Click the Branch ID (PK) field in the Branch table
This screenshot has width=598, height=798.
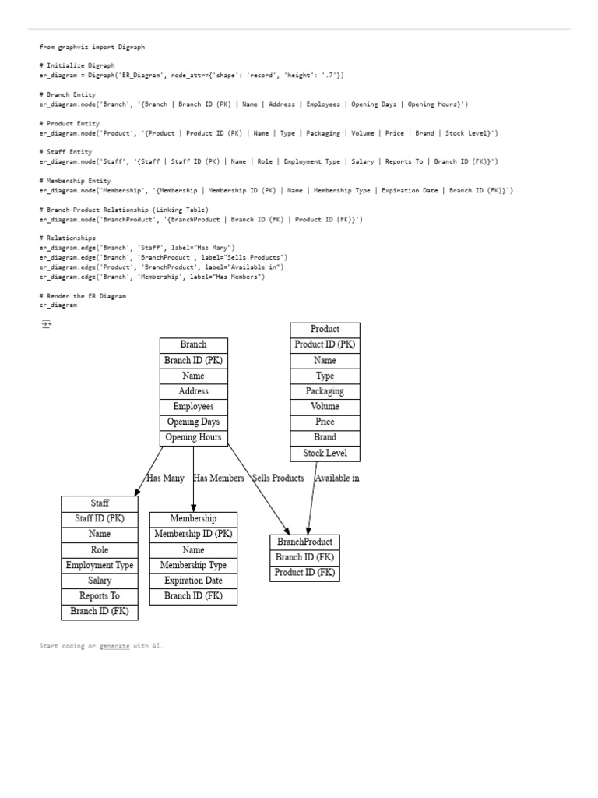193,360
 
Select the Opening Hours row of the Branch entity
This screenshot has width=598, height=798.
193,437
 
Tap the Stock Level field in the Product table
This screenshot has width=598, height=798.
325,453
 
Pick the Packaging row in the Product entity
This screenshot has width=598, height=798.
325,391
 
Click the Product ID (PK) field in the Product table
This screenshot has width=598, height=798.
325,344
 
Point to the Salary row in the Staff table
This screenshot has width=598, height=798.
100,581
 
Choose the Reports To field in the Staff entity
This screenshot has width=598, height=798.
100,596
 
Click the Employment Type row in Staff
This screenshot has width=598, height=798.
100,565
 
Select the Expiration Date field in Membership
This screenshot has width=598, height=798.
193,581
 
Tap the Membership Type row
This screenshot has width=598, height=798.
193,565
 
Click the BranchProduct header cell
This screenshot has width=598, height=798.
304,542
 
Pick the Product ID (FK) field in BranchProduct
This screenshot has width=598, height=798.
304,573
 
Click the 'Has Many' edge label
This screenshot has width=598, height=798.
166,478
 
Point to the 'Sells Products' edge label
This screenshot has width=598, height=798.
278,478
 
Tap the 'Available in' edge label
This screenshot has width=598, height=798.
337,478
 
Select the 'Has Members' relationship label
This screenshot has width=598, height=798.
219,478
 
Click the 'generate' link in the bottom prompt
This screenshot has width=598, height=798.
114,646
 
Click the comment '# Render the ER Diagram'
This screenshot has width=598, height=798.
82,296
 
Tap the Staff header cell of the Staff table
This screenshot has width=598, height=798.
100,503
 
